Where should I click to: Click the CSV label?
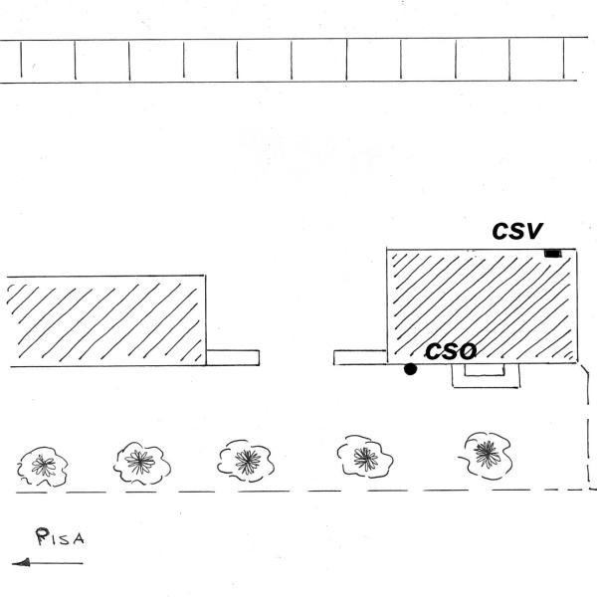517,231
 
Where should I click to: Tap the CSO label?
451,351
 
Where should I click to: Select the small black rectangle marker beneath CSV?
553,256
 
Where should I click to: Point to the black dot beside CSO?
410,369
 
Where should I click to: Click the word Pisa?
61,539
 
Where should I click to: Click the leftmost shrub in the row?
42,465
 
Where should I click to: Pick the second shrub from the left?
142,462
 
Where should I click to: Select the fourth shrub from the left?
365,457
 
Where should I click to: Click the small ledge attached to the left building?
233,357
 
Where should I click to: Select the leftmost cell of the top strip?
10,61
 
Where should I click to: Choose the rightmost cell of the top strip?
579,61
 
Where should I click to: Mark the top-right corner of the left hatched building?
206,277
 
